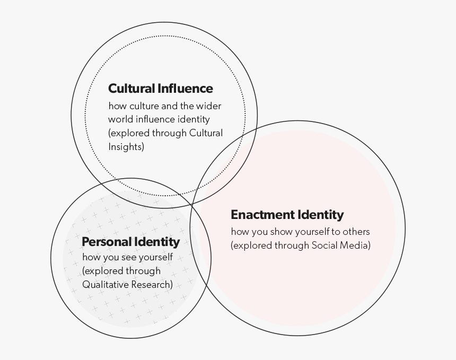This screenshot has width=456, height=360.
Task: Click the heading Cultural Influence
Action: pyautogui.click(x=161, y=89)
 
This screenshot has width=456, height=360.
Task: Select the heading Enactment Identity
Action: pyautogui.click(x=287, y=215)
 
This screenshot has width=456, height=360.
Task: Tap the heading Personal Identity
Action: pyautogui.click(x=131, y=242)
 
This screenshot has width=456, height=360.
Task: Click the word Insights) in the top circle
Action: pyautogui.click(x=126, y=146)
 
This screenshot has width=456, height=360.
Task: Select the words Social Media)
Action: pyautogui.click(x=341, y=245)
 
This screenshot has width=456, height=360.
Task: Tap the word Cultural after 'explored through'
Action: pyautogui.click(x=206, y=133)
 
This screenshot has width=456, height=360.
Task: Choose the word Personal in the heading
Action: pyautogui.click(x=107, y=242)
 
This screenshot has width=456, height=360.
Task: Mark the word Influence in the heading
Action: pyautogui.click(x=185, y=89)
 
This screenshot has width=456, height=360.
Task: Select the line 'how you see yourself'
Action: pyautogui.click(x=128, y=257)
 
